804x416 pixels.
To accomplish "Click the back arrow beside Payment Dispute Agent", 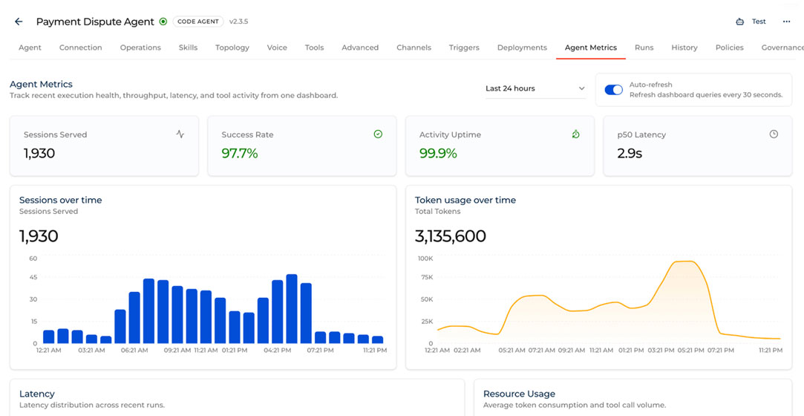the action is [19, 22].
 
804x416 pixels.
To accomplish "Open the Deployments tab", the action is [522, 48].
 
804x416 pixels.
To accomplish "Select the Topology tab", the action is [232, 48].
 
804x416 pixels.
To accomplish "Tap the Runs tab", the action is [644, 48].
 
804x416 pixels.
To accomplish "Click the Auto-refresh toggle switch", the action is [613, 90].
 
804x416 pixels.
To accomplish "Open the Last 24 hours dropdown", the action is [535, 88].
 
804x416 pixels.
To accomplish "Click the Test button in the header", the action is [751, 22].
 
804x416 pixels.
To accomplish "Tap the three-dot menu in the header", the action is [787, 22].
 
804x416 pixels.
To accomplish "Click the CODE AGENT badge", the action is [198, 22].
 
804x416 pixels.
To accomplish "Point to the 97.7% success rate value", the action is [240, 153].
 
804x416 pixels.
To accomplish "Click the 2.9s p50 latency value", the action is [630, 153].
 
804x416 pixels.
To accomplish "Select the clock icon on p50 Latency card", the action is [774, 134].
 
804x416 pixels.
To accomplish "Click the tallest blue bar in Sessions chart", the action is [292, 309].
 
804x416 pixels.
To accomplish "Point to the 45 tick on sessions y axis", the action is [33, 278].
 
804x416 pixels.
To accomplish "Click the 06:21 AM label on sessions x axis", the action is [135, 351].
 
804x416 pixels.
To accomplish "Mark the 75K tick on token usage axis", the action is [427, 278].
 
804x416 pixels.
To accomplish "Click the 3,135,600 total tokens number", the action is [450, 236].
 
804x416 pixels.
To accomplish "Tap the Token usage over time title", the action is [465, 200].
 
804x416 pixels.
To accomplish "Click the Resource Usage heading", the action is [519, 394].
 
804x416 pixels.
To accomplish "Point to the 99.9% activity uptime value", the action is [438, 153].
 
